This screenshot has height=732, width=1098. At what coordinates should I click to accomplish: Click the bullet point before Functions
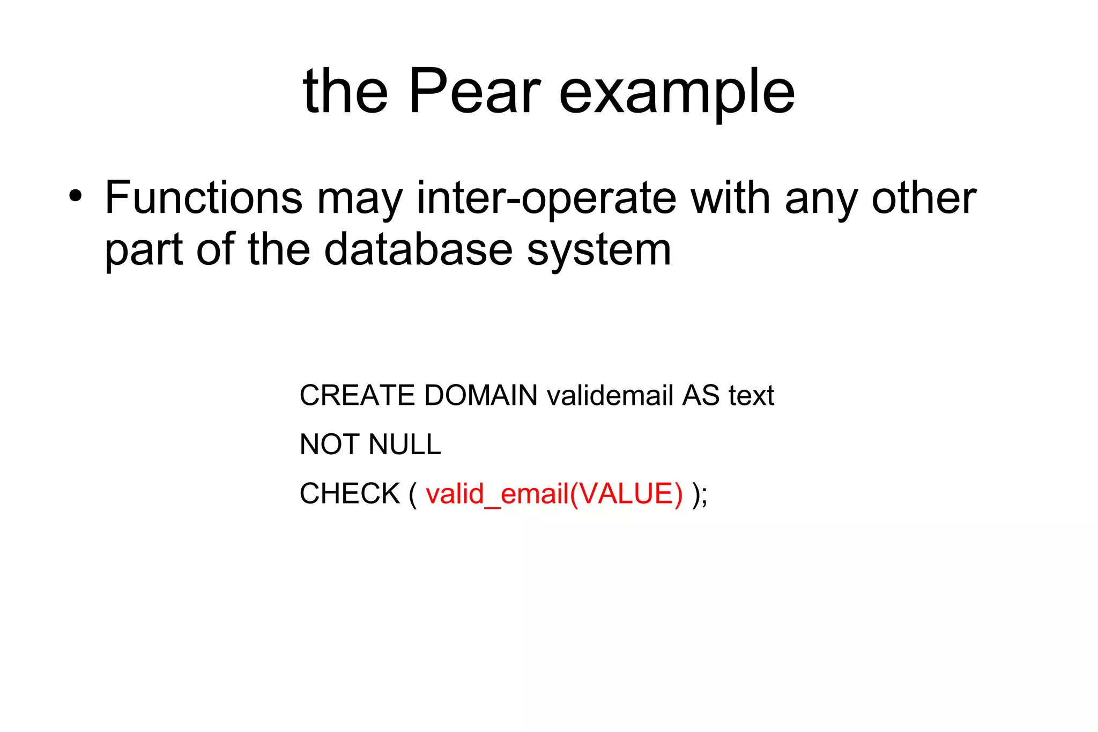76,196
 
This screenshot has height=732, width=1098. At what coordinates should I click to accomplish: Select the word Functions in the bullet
203,197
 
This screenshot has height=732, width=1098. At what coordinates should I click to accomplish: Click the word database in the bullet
418,249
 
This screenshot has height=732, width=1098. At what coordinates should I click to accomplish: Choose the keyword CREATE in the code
357,396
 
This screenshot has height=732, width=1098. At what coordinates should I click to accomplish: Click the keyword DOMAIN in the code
480,396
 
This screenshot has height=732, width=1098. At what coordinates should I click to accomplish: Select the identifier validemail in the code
610,396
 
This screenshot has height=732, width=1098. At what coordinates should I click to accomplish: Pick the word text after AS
751,396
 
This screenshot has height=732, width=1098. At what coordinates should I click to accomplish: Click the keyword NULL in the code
405,445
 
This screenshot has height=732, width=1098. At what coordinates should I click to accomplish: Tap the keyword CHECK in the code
350,493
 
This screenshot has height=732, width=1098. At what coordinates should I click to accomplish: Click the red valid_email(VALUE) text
554,494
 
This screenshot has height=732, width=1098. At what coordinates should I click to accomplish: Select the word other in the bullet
924,197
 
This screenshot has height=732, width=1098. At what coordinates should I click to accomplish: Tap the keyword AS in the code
700,396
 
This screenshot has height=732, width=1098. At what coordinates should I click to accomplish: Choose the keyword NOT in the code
330,445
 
